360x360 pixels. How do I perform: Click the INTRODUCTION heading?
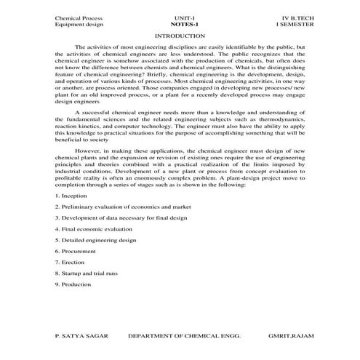click(180, 35)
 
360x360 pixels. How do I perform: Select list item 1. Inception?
click(71, 196)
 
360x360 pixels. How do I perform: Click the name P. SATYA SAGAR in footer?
click(81, 338)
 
